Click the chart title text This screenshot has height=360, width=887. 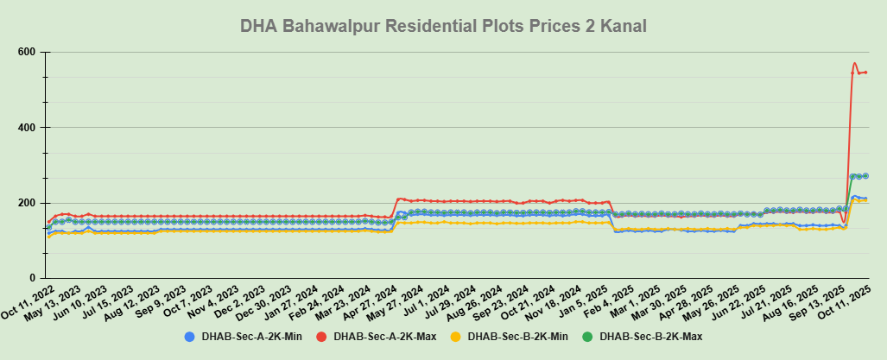tap(443, 27)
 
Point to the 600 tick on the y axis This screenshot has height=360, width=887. tap(26, 53)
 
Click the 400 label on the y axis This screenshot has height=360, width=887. tap(26, 128)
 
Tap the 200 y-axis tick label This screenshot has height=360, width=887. tap(26, 203)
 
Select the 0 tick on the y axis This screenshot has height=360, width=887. tap(31, 278)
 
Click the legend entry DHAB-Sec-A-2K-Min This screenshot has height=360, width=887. tap(250, 336)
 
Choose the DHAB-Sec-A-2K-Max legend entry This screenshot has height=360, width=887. tap(385, 336)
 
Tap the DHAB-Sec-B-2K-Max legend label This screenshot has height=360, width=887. tap(651, 336)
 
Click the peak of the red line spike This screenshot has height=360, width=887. tap(854, 63)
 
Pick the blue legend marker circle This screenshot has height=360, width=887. tap(189, 336)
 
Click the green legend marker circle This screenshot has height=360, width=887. tap(590, 336)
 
